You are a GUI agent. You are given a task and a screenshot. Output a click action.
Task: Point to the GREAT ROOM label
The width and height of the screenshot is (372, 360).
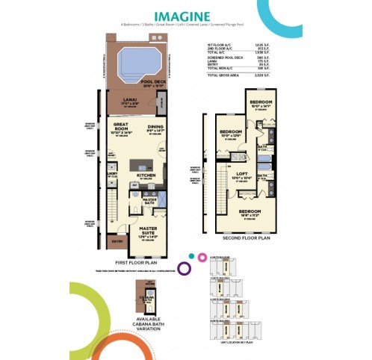(121, 129)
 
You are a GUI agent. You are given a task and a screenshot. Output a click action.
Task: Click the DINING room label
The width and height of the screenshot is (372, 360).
(155, 129)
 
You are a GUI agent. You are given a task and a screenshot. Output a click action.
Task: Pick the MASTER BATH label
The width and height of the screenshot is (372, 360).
(149, 200)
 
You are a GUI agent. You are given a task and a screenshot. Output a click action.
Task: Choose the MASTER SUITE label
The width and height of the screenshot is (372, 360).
(149, 232)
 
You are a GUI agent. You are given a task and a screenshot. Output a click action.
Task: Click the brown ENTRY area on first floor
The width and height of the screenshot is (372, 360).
(117, 240)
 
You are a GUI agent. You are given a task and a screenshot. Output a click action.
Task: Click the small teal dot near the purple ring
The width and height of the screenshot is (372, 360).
(193, 256)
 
